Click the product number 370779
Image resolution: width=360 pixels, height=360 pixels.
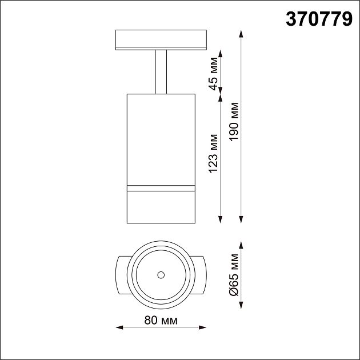(x=318, y=19)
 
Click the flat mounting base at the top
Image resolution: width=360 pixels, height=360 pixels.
(x=161, y=39)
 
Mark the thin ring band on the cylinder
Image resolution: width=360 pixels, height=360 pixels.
(x=161, y=187)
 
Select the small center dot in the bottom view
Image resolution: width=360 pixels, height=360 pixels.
(x=161, y=275)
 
